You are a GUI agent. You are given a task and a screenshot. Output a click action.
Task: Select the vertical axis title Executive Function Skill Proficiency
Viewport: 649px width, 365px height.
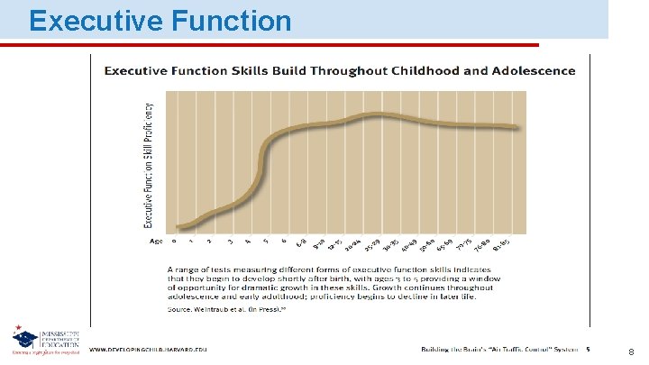[149, 164]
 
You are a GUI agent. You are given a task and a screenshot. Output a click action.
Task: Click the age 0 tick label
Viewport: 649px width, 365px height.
[175, 241]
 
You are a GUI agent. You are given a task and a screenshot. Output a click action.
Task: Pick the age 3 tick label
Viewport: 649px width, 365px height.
[231, 242]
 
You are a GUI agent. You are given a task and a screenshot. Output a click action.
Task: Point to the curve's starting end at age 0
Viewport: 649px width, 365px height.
[178, 226]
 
